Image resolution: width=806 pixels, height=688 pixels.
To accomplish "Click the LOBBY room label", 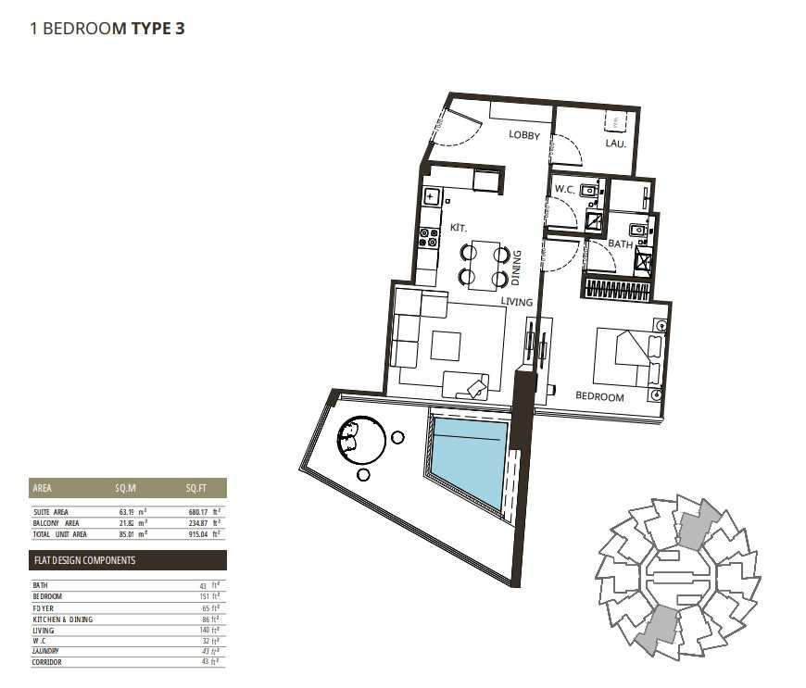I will [x=523, y=135].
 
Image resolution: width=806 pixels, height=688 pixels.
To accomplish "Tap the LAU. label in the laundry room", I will [x=616, y=144].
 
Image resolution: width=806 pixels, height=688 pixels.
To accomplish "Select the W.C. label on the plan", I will [x=565, y=190].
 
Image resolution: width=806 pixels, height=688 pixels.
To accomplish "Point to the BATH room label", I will [x=620, y=244].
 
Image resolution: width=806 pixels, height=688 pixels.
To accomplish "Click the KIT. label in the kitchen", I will [x=459, y=226].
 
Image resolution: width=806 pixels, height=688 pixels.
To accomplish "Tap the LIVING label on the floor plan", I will [x=517, y=302].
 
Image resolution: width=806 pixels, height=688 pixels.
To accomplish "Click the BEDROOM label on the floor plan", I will [x=599, y=396].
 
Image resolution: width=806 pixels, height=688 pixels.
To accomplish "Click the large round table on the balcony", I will [x=361, y=441].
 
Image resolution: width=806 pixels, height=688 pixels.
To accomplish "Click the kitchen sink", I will [x=432, y=196].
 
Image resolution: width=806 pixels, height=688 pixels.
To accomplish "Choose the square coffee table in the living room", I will [x=445, y=346].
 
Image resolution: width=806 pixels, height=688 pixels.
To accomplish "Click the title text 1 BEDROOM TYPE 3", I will [x=108, y=29].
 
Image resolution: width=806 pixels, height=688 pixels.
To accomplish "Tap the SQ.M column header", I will [x=125, y=488].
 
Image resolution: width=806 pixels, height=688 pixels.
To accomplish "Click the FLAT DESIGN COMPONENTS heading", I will [x=84, y=560].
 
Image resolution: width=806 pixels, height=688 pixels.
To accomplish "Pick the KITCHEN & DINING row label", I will [x=63, y=619].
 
